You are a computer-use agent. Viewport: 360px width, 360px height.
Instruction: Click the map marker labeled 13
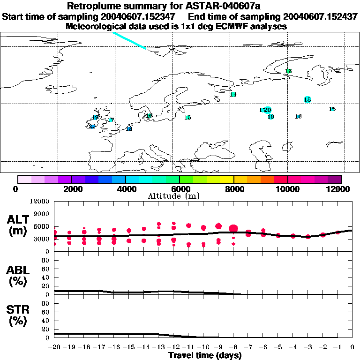pos(288,71)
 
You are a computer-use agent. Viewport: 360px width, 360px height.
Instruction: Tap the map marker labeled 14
pos(233,95)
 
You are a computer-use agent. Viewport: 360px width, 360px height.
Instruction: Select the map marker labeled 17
pos(111,120)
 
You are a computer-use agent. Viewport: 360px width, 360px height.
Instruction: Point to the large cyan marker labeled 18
pos(307,99)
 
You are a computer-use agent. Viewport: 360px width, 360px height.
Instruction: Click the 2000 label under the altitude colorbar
pos(71,189)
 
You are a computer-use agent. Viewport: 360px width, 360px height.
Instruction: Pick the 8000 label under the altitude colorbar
pos(233,189)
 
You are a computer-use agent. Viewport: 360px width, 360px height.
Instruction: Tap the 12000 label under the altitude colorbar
pos(341,189)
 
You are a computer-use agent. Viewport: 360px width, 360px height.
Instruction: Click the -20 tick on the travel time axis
pos(54,348)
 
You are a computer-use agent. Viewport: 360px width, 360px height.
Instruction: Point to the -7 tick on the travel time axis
pos(248,348)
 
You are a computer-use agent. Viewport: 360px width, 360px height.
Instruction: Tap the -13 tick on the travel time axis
pos(159,348)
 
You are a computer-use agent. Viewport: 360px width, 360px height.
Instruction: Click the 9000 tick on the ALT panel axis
pos(41,214)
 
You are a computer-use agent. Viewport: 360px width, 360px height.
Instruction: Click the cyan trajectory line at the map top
pos(129,40)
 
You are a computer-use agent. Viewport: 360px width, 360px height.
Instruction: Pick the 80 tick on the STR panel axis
pos(45,304)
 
